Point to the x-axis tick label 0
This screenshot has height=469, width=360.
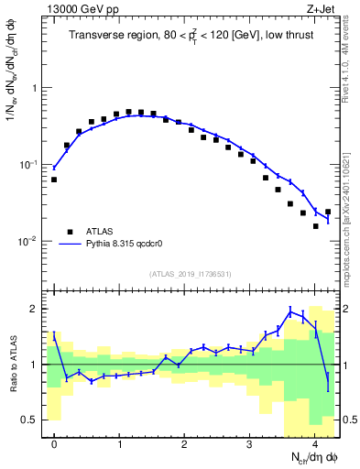54,442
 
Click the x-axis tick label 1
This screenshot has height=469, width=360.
119,442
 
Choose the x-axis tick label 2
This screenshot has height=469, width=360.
184,442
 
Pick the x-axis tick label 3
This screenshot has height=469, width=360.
249,442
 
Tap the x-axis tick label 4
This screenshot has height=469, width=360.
314,442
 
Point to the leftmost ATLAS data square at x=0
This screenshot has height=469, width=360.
54,180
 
